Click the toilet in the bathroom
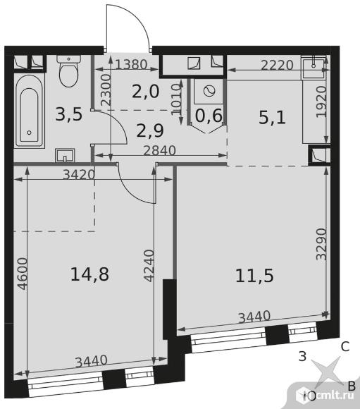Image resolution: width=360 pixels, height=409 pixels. point(68,71)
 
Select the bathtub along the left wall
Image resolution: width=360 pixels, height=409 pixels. point(29,111)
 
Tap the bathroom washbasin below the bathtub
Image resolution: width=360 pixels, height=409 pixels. point(65,155)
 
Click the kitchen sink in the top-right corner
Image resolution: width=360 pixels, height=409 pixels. point(314,68)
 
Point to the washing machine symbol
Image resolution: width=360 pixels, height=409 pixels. point(210,91)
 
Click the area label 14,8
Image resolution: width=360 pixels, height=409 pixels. point(89,274)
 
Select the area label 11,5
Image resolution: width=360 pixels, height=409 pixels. point(254,276)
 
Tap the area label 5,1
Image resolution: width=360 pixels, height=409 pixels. point(273,118)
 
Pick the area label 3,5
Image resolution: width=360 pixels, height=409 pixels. point(69,114)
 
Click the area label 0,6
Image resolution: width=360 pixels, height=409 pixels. point(209,116)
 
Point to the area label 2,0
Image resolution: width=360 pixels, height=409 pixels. point(145,92)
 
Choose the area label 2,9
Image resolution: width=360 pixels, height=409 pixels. point(150,130)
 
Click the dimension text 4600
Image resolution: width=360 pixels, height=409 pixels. point(23,274)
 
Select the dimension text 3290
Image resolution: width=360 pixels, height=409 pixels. point(321,245)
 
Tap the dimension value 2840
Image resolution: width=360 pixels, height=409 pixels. point(160,151)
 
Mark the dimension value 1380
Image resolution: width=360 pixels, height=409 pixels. point(131,64)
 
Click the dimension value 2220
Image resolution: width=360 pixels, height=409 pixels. point(277,65)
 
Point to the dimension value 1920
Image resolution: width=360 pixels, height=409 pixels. point(321,102)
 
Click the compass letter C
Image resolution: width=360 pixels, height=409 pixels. point(345,347)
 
